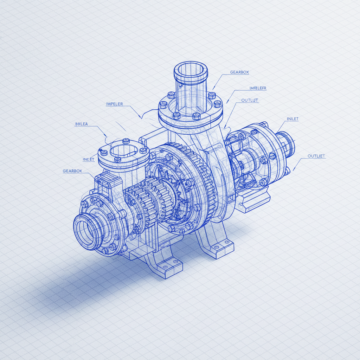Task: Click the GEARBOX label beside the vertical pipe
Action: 239,72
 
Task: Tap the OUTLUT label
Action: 250,100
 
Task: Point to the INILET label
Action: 292,119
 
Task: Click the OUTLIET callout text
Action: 316,156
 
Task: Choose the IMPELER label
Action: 114,104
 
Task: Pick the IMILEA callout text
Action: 81,124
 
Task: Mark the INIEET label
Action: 89,159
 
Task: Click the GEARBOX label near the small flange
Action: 72,171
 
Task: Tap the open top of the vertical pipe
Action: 190,69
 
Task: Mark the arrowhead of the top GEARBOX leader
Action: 213,88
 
